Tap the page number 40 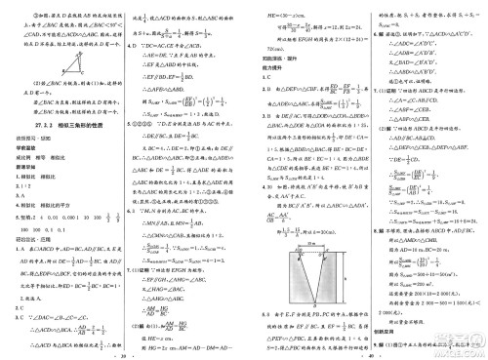point(365,353)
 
